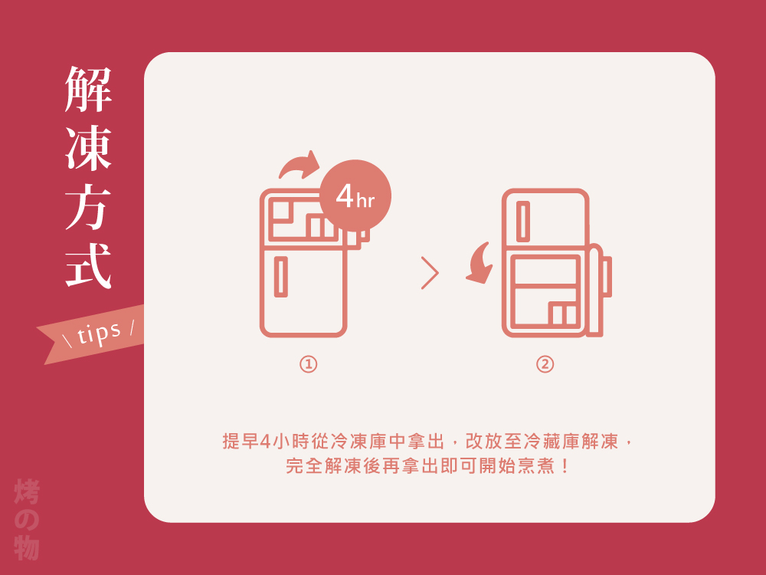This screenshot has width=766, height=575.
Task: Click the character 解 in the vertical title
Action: pos(89,89)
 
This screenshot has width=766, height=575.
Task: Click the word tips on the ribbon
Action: pos(99,332)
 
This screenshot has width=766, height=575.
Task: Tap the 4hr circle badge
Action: pos(355,196)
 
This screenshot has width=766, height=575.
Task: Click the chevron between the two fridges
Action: pos(430,273)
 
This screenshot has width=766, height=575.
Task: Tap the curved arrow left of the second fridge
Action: pos(481,264)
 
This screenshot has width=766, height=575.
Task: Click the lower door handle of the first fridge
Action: pos(281,277)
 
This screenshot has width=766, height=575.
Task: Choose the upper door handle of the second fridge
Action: pos(523,221)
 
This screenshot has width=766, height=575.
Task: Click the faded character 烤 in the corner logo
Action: pos(27,492)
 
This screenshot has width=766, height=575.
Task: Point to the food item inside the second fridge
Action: pos(563,314)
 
